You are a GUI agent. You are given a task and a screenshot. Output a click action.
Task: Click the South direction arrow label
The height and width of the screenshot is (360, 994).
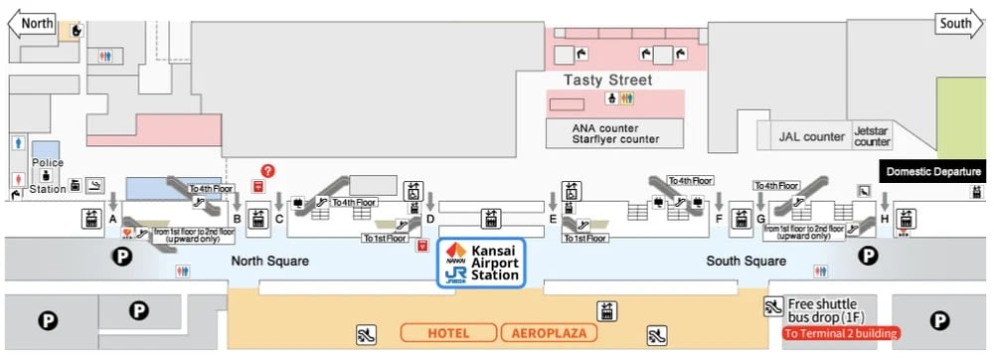tap(957, 23)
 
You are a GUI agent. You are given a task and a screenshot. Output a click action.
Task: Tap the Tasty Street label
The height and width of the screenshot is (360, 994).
tap(608, 80)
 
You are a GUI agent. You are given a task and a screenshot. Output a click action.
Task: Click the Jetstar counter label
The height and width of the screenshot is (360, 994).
tap(873, 136)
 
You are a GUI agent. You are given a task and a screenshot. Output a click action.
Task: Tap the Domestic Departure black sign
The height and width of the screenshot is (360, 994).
tap(932, 171)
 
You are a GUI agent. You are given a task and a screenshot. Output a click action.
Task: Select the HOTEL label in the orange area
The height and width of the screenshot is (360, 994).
tap(447, 332)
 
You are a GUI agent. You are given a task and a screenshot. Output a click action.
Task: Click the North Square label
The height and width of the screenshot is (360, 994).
tap(270, 262)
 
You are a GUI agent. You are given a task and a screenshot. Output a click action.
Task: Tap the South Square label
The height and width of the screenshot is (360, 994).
tap(745, 262)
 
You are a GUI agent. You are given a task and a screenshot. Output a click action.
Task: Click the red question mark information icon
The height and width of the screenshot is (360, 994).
tap(267, 171)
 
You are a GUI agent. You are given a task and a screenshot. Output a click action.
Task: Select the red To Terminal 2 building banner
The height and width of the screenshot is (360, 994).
tap(841, 333)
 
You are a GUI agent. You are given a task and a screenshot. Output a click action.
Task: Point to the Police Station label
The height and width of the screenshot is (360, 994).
tap(48, 175)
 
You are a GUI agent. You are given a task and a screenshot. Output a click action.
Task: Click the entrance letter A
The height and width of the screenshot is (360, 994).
tap(112, 219)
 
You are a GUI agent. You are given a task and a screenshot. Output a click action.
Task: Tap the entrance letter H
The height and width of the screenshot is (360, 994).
tap(884, 219)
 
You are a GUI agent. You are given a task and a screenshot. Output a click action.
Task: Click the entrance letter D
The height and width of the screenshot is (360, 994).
tap(429, 219)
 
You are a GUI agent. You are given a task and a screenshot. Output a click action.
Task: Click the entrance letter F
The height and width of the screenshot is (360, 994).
tap(718, 219)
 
